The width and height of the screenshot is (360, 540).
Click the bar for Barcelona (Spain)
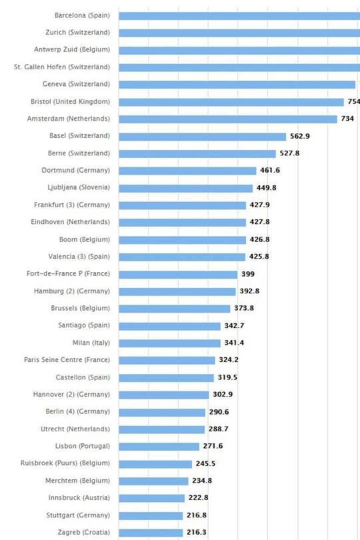pos(240,15)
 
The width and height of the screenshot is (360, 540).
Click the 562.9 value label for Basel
pos(299,136)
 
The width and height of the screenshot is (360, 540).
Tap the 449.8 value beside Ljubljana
pos(267,188)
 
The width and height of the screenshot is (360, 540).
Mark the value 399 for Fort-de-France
pos(247,274)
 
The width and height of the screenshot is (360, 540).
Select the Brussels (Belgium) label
pos(81,308)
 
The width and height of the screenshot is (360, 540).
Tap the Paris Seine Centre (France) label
pos(67,360)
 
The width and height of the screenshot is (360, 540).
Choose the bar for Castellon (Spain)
pos(167,377)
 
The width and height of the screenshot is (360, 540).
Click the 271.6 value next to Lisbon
pos(213,446)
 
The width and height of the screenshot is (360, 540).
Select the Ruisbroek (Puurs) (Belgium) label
pos(65,463)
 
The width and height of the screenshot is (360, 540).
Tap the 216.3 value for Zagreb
pos(196,533)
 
